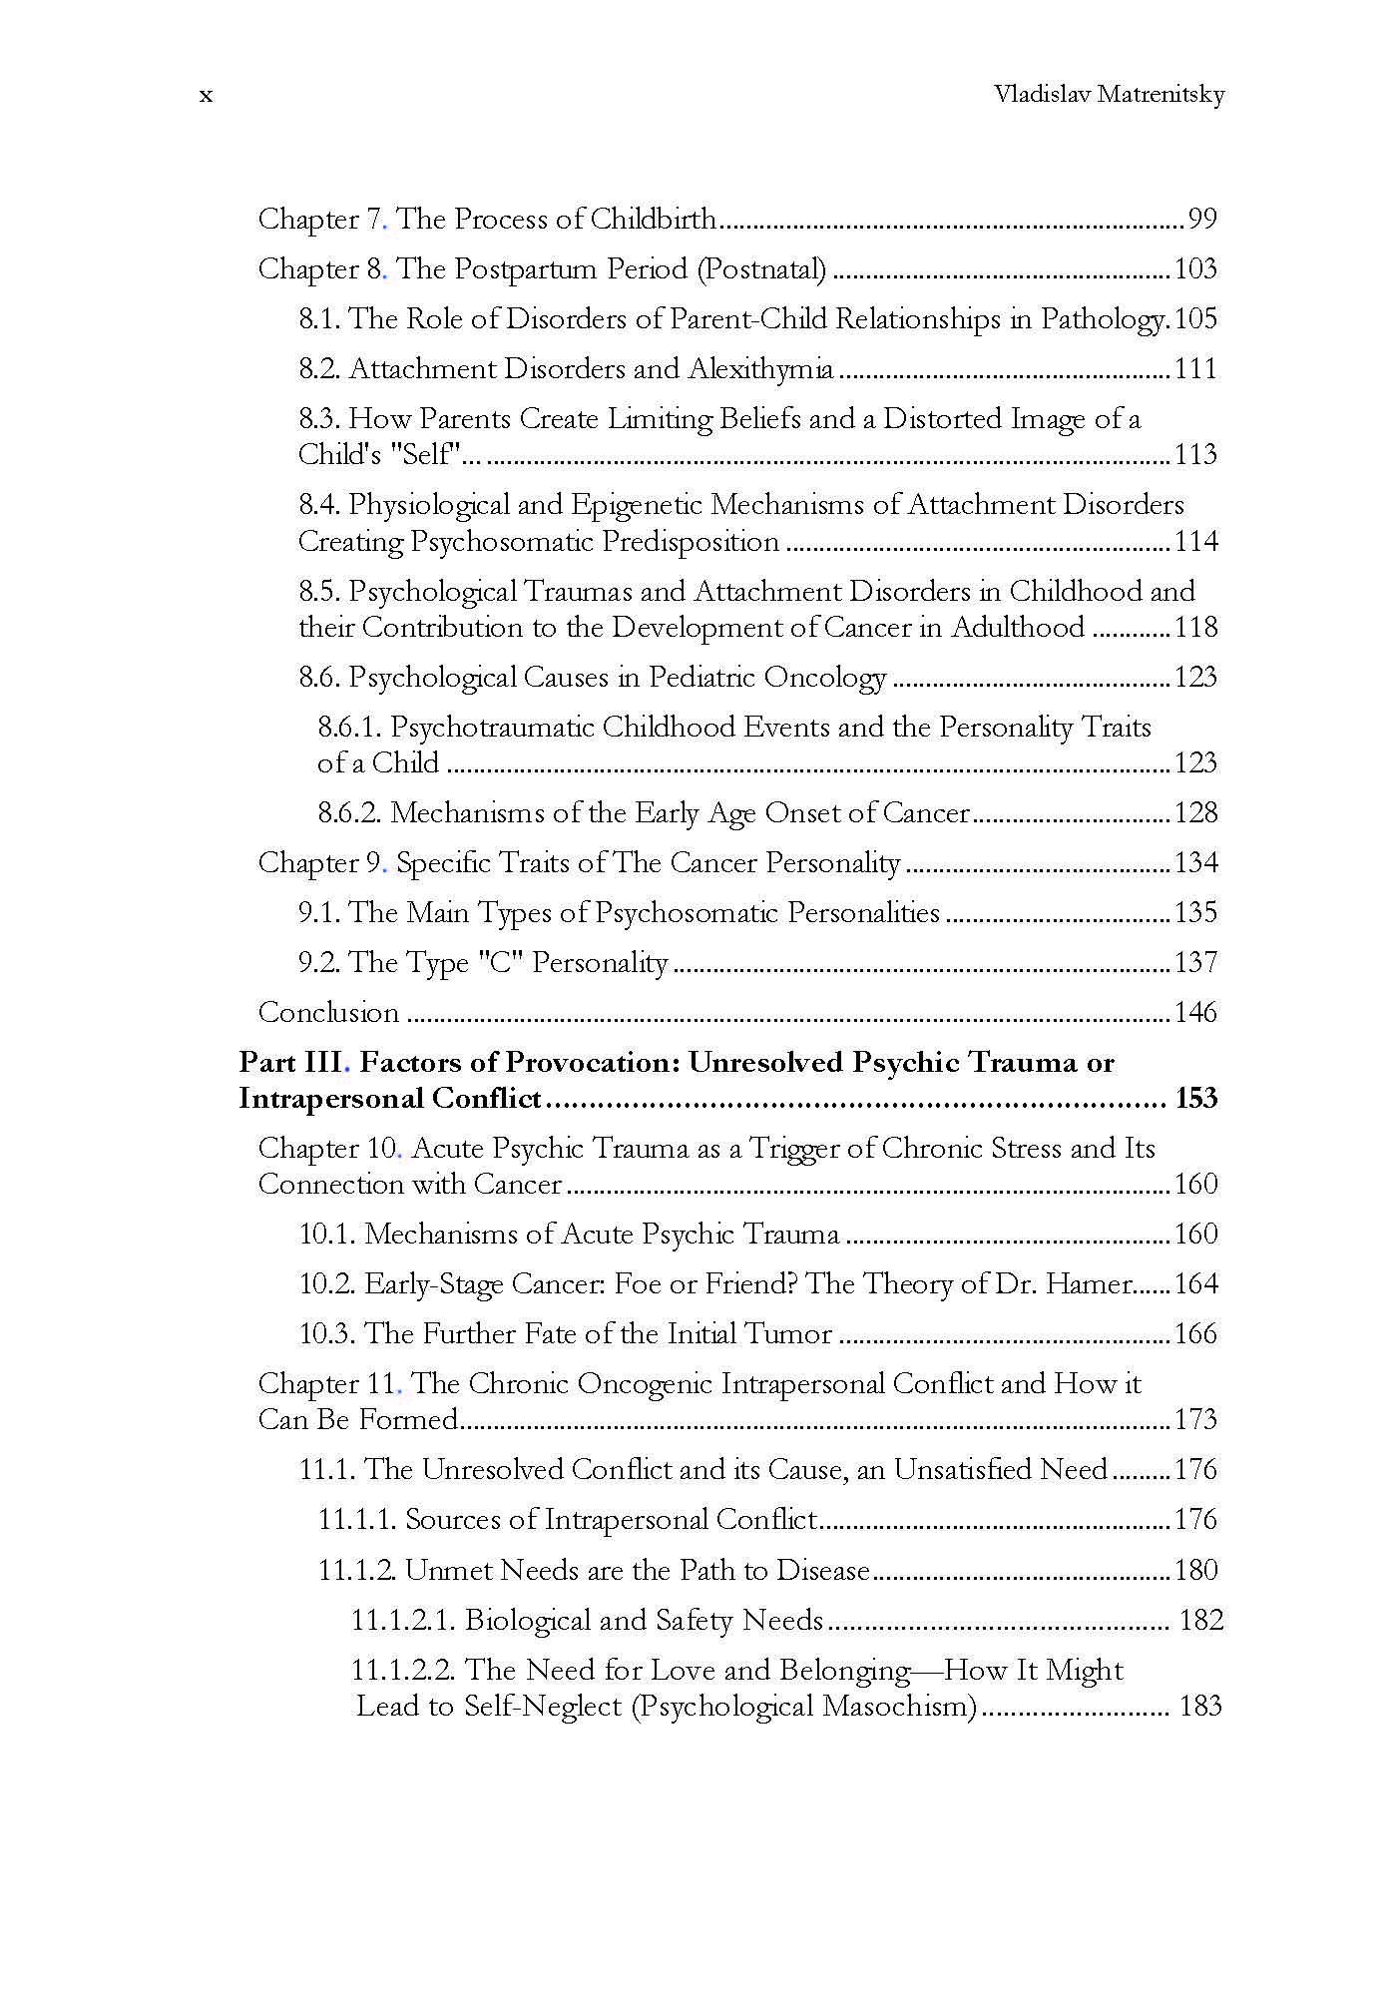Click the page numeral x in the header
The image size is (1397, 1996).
[x=206, y=96]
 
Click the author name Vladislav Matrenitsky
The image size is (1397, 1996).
[x=1109, y=95]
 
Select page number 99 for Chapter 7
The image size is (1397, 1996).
[x=1201, y=219]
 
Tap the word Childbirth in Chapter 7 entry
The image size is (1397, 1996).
[x=654, y=219]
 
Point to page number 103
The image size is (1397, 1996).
[x=1195, y=268]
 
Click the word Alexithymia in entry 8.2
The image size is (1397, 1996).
[x=760, y=369]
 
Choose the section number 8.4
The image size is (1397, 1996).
[x=319, y=505]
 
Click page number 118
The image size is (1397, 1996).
[x=1195, y=627]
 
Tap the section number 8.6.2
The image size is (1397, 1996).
[x=349, y=813]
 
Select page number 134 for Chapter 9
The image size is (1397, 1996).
[x=1195, y=863]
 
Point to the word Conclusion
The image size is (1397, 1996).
[x=328, y=1013]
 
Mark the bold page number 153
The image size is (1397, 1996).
[x=1195, y=1099]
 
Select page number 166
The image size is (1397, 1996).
[x=1195, y=1334]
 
